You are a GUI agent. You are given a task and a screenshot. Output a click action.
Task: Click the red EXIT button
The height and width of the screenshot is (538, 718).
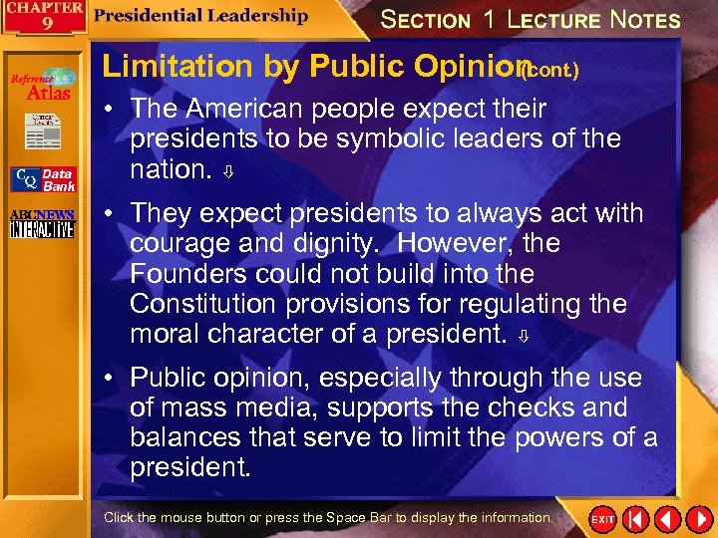click(603, 519)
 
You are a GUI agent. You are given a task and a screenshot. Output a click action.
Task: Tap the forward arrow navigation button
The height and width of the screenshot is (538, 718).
click(697, 519)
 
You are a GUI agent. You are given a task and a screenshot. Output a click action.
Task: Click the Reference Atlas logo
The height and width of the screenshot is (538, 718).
click(43, 85)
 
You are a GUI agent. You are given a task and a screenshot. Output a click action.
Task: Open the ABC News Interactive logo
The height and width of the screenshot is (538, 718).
click(42, 223)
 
